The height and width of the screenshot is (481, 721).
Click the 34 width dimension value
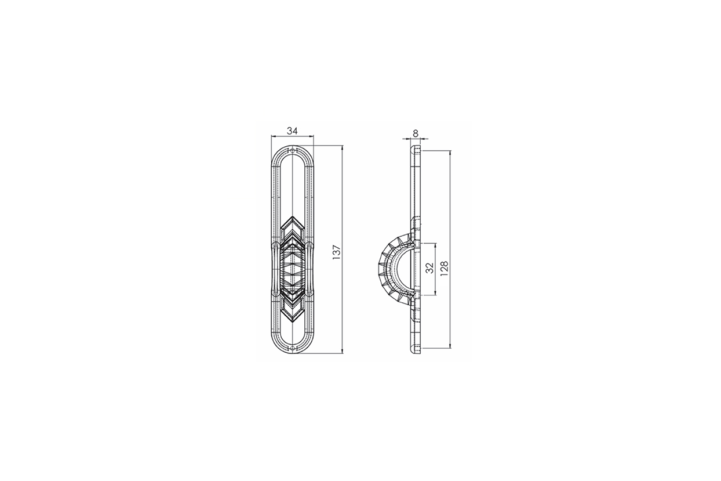(x=292, y=131)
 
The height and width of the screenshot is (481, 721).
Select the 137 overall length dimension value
(x=336, y=252)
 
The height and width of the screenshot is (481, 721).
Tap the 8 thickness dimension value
(x=416, y=133)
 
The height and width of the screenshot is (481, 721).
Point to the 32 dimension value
(x=429, y=268)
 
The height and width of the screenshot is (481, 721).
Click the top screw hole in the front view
(x=292, y=151)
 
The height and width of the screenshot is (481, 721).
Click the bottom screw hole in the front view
(x=292, y=349)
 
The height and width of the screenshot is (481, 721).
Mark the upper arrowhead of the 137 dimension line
(x=342, y=148)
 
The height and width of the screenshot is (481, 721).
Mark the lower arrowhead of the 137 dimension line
(x=342, y=351)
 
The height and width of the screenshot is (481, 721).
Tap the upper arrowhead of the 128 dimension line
(x=450, y=153)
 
